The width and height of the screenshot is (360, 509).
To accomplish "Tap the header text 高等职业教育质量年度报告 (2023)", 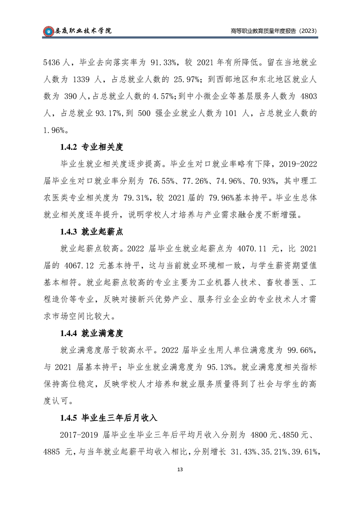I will [273, 31].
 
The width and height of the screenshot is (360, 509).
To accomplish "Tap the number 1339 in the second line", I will [83, 79].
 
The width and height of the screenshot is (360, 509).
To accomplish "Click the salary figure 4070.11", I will [250, 249].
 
